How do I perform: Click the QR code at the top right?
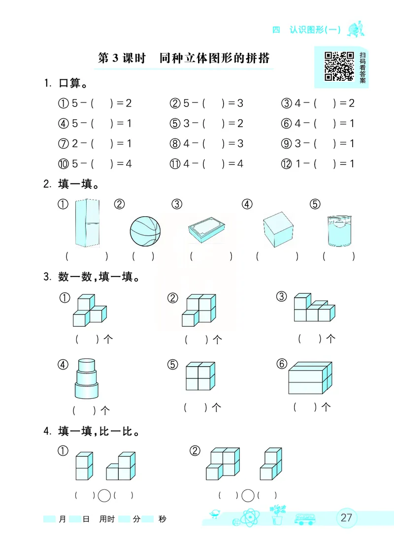pyautogui.click(x=339, y=66)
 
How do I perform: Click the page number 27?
pyautogui.click(x=346, y=517)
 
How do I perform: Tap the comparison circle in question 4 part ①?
pyautogui.click(x=104, y=495)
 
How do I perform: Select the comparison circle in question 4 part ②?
pyautogui.click(x=248, y=495)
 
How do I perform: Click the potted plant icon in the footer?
pyautogui.click(x=277, y=514)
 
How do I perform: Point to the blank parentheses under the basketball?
pyautogui.click(x=143, y=256)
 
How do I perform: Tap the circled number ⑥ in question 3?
pyautogui.click(x=282, y=364)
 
